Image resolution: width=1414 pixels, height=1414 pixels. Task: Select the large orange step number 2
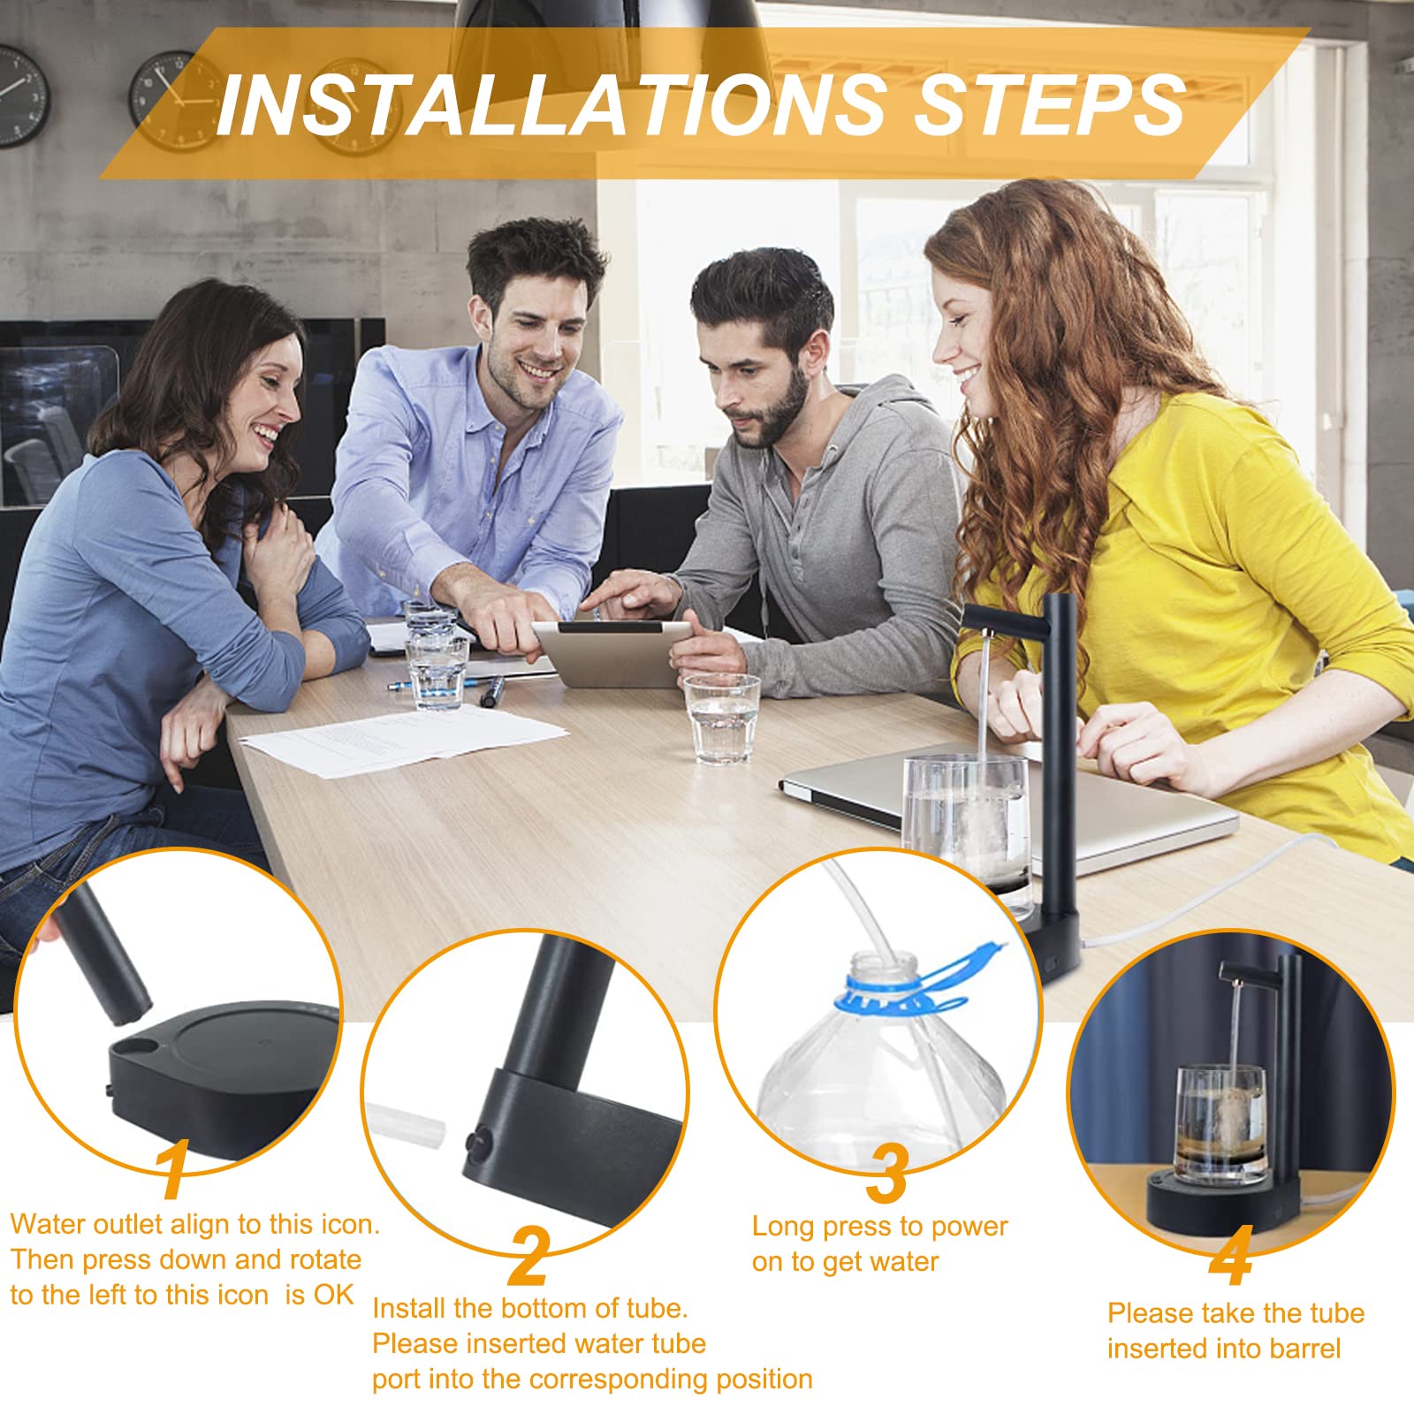point(528,1256)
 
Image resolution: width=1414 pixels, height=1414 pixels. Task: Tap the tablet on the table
point(614,651)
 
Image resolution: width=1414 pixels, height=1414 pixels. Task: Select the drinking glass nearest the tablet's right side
point(722,718)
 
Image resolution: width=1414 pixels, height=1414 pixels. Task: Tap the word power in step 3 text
point(969,1228)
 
